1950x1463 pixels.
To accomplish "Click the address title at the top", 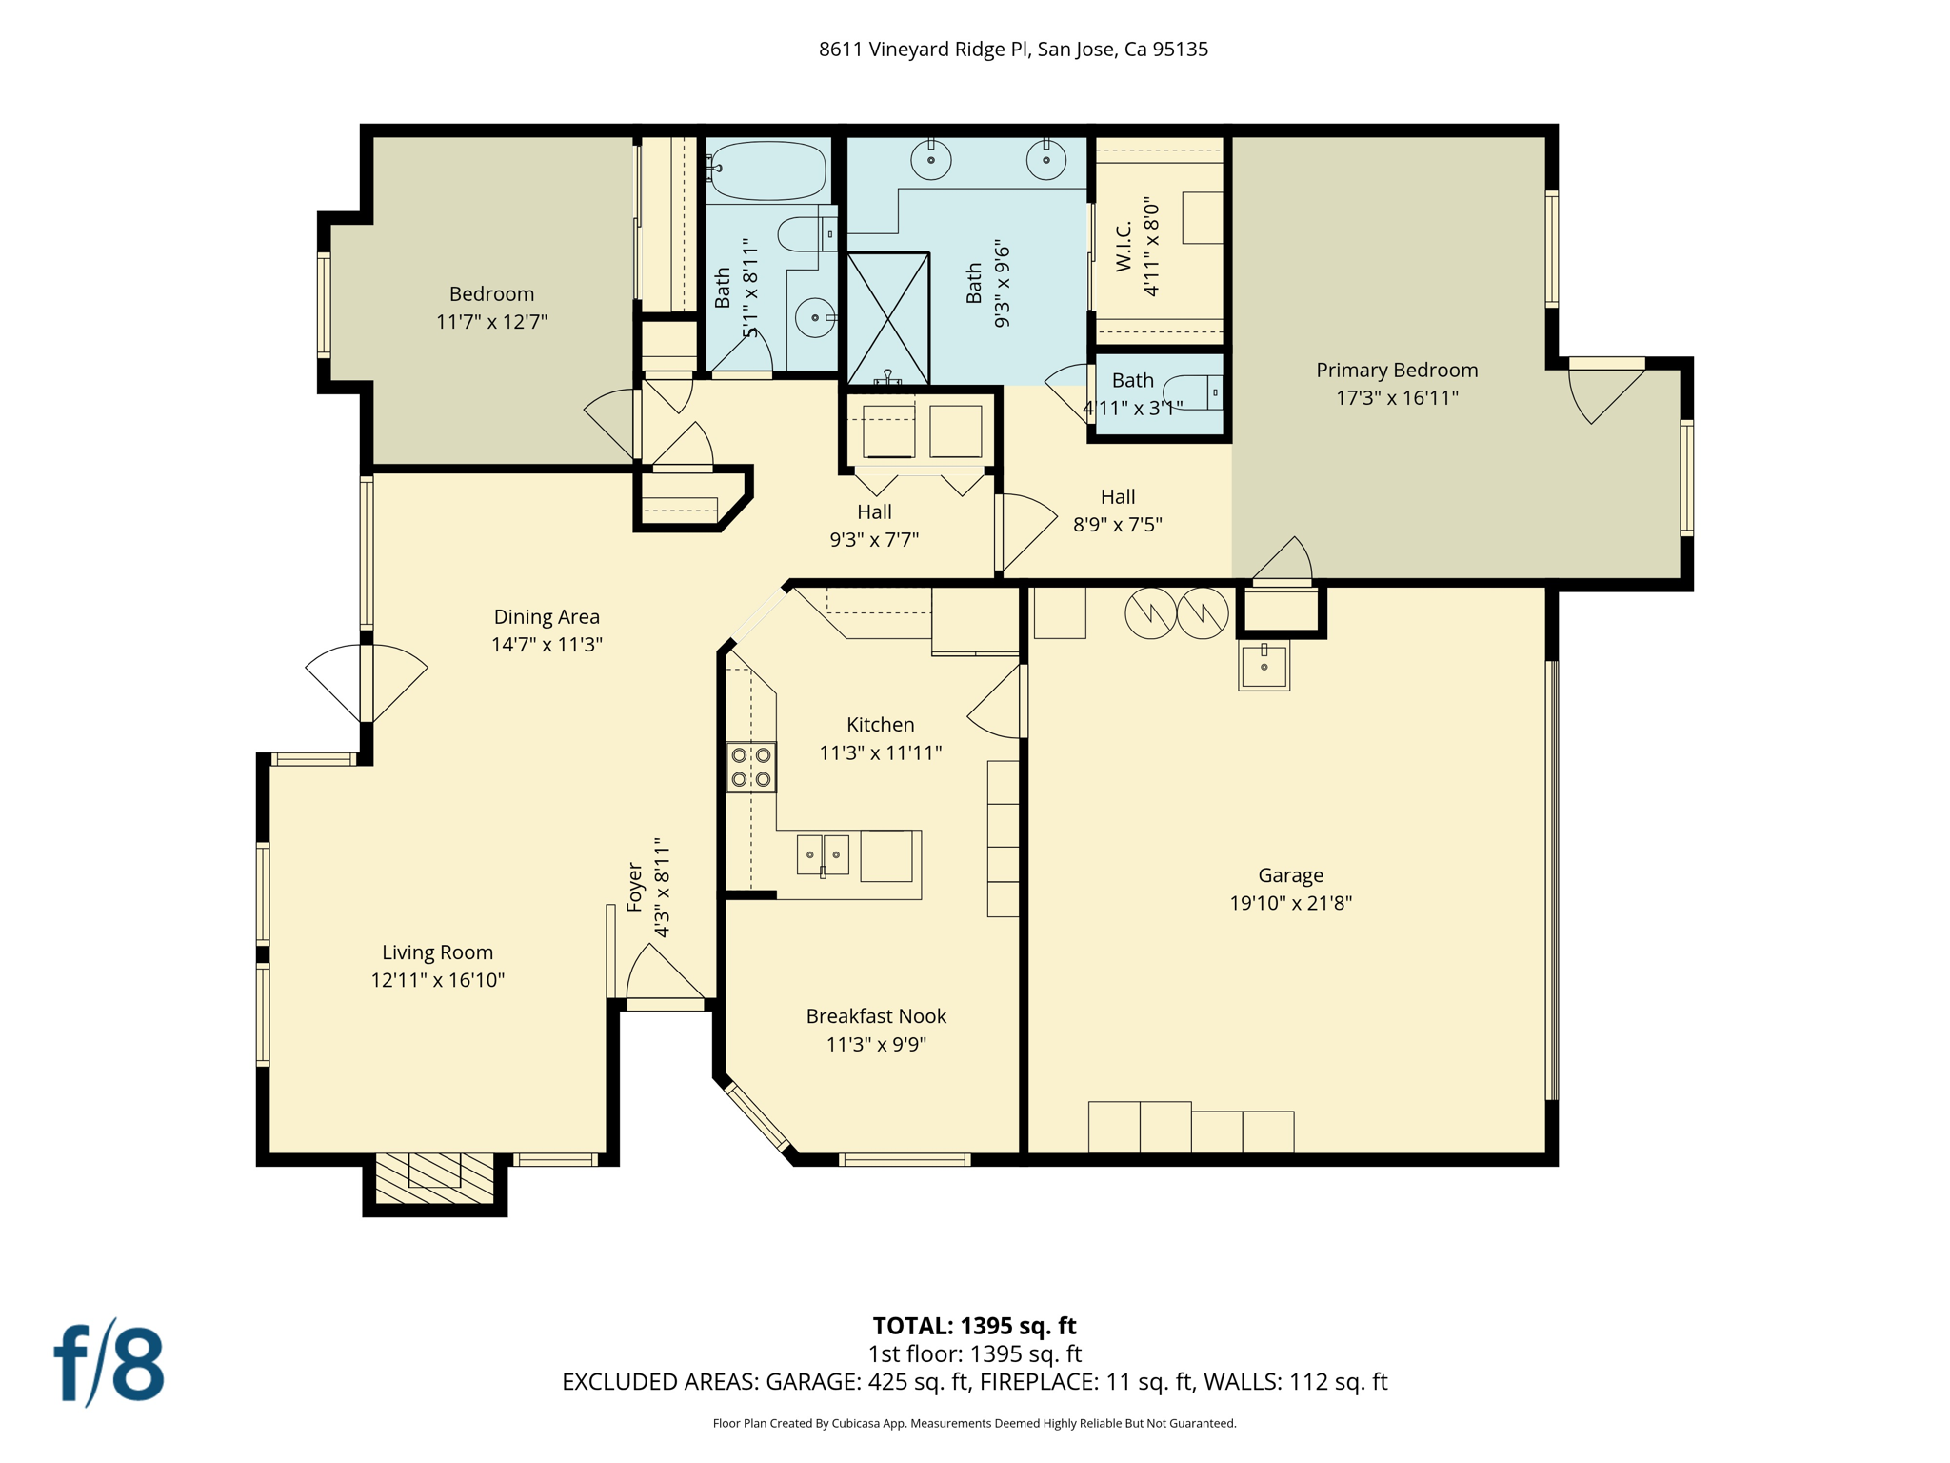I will coord(1013,50).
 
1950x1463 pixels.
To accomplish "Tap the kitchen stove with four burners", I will coord(751,767).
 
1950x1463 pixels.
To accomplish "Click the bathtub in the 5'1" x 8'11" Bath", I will coord(766,170).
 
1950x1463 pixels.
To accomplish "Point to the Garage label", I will coord(1290,875).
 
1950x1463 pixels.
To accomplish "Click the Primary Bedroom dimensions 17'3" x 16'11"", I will coord(1397,398).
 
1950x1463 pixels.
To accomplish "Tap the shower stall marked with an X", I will coord(887,318).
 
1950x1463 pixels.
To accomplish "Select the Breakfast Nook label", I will coord(876,1016).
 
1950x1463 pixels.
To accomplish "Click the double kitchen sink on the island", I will coord(823,854).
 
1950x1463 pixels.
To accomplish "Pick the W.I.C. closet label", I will coord(1124,247).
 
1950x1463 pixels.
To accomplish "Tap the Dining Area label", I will coord(547,617).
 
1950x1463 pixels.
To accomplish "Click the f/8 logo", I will coord(109,1364).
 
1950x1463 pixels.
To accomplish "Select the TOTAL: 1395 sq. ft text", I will coord(974,1326).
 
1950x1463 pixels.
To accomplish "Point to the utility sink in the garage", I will coord(1264,666).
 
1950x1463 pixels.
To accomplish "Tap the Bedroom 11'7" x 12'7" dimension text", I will coord(491,322).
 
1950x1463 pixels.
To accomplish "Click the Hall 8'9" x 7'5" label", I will coord(1118,497).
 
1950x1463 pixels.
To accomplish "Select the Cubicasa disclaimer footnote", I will coord(974,1424).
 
